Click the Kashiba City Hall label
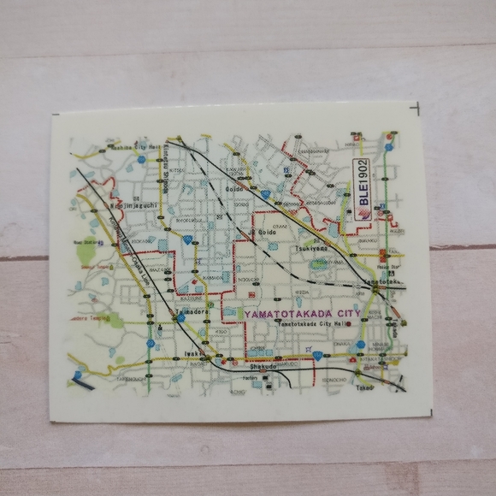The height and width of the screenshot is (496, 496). pyautogui.click(x=136, y=147)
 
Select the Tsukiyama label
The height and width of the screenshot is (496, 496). pyautogui.click(x=312, y=247)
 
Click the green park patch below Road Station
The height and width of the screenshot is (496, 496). pyautogui.click(x=86, y=255)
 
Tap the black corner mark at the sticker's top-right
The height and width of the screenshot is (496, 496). pyautogui.click(x=415, y=109)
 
